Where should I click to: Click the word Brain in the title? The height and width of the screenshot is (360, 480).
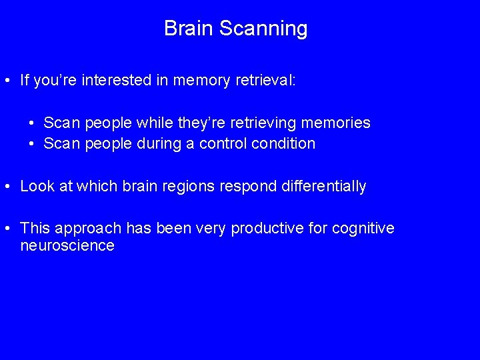click(189, 29)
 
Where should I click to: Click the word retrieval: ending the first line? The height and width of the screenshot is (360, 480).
click(266, 81)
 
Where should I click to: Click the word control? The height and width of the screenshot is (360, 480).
click(221, 143)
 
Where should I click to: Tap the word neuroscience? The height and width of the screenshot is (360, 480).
click(67, 245)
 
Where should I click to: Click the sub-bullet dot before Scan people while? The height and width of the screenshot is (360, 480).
click(32, 123)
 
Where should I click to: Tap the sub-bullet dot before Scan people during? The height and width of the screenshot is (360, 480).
click(32, 144)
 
